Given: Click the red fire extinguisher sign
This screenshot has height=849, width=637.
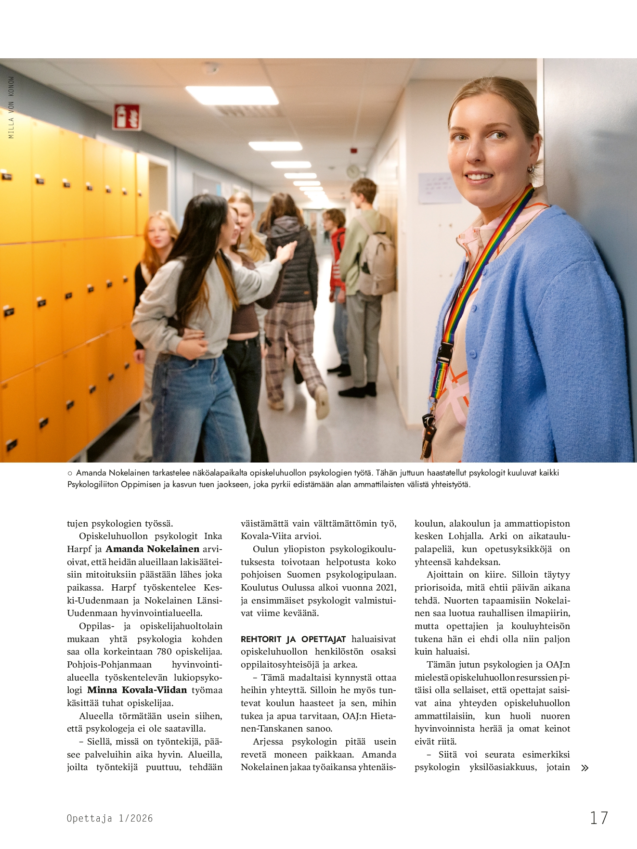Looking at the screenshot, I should (126, 117).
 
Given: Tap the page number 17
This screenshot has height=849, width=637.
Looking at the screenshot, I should (599, 818).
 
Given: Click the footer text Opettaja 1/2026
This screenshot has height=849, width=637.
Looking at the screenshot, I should (110, 818).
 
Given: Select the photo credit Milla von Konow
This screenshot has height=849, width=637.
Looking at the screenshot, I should (12, 107).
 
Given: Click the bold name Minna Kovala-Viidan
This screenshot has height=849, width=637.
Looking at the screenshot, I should (137, 690).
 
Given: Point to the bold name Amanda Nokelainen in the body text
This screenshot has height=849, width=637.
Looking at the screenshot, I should (153, 549).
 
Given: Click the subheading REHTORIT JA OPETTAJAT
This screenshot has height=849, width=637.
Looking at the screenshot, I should (293, 639).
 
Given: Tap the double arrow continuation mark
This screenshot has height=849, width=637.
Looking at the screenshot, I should (585, 768).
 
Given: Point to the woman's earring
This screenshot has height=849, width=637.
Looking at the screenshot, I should (531, 169).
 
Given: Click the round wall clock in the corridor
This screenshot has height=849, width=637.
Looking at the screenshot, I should (353, 171).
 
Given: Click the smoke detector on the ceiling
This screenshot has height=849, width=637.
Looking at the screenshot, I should (210, 68).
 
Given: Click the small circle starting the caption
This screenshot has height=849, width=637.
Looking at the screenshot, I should (70, 473).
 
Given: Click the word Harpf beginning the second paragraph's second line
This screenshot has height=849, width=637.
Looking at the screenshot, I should (78, 549).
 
